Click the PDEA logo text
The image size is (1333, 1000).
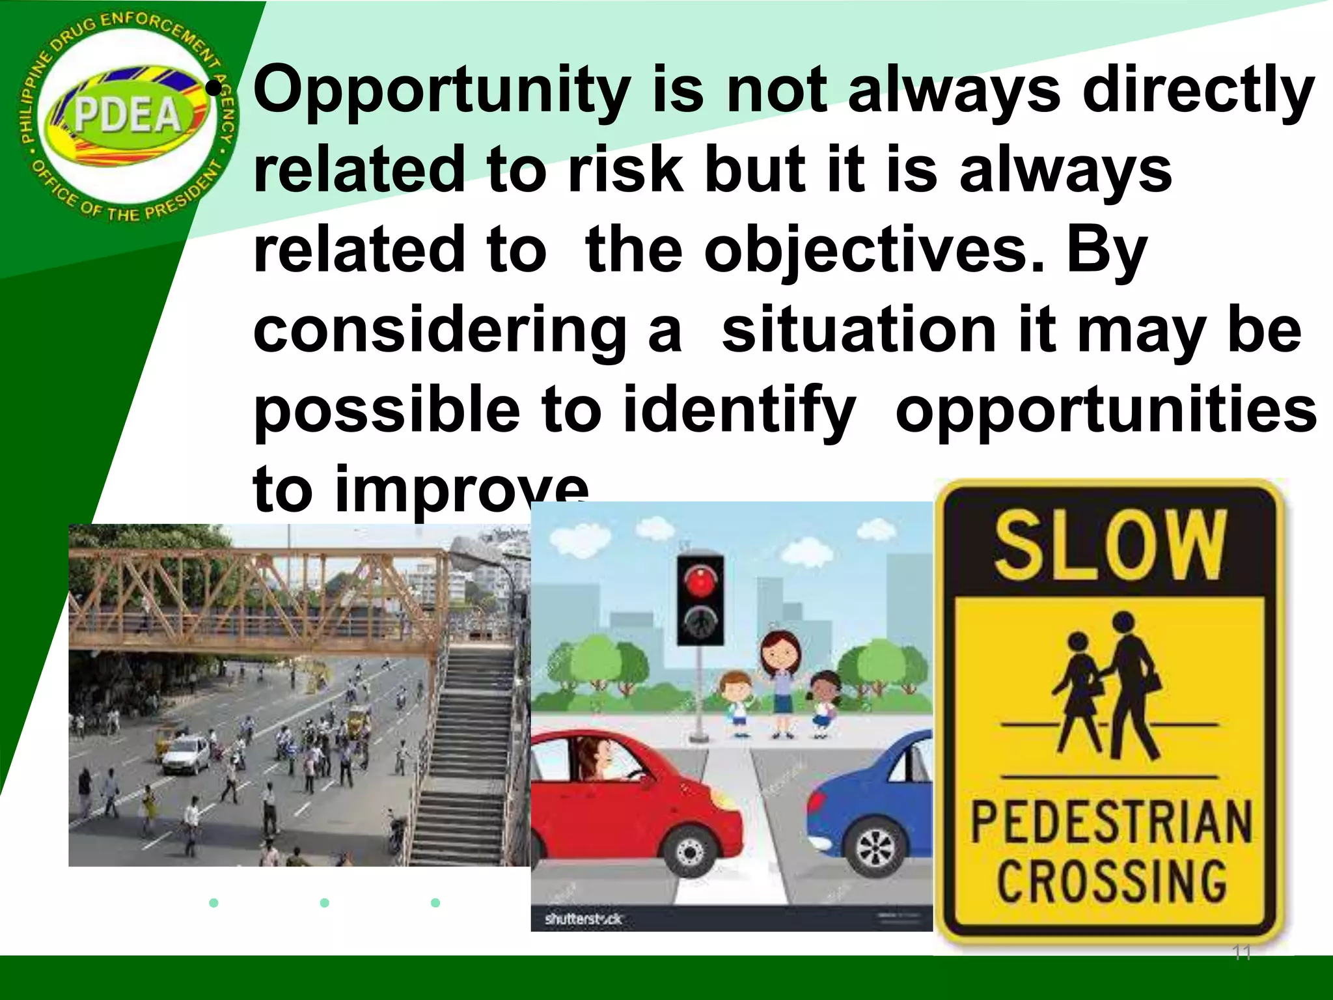127,115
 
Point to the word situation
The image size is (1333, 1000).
859,330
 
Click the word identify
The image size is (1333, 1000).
739,410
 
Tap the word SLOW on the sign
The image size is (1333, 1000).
1110,546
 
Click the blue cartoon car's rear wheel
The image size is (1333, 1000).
877,848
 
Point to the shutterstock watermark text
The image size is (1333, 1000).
583,919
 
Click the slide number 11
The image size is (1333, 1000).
1242,953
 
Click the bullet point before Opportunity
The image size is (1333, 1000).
222,90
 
